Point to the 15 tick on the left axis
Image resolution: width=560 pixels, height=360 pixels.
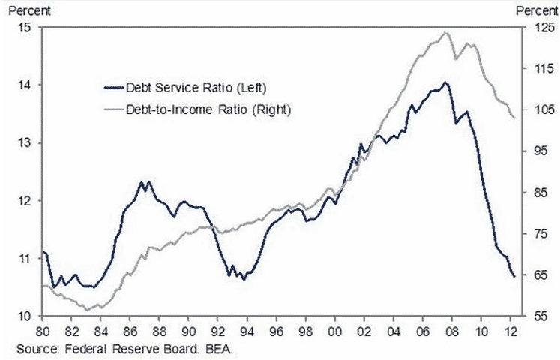(x=25, y=28)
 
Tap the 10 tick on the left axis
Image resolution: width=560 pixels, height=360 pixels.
(x=25, y=316)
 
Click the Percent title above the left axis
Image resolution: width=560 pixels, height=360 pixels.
(x=25, y=10)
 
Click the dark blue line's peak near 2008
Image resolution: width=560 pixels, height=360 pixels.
(x=445, y=82)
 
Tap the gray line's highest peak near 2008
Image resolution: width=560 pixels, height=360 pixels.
(x=446, y=32)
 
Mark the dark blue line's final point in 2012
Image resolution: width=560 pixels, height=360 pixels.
(x=514, y=277)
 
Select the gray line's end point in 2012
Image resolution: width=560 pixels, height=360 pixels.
(x=514, y=118)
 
